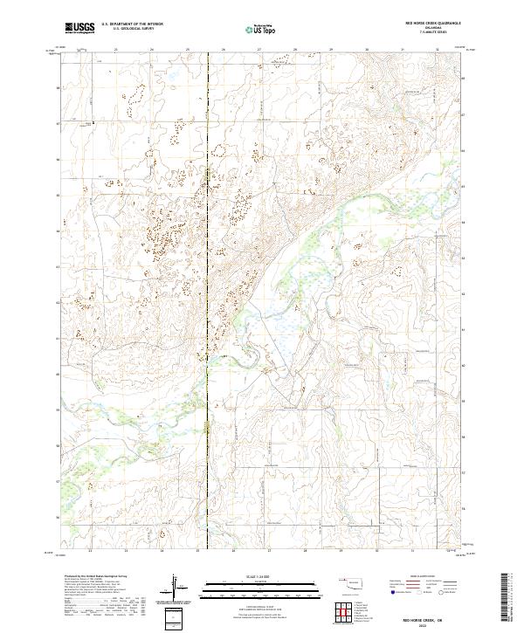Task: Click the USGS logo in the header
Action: (x=79, y=28)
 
